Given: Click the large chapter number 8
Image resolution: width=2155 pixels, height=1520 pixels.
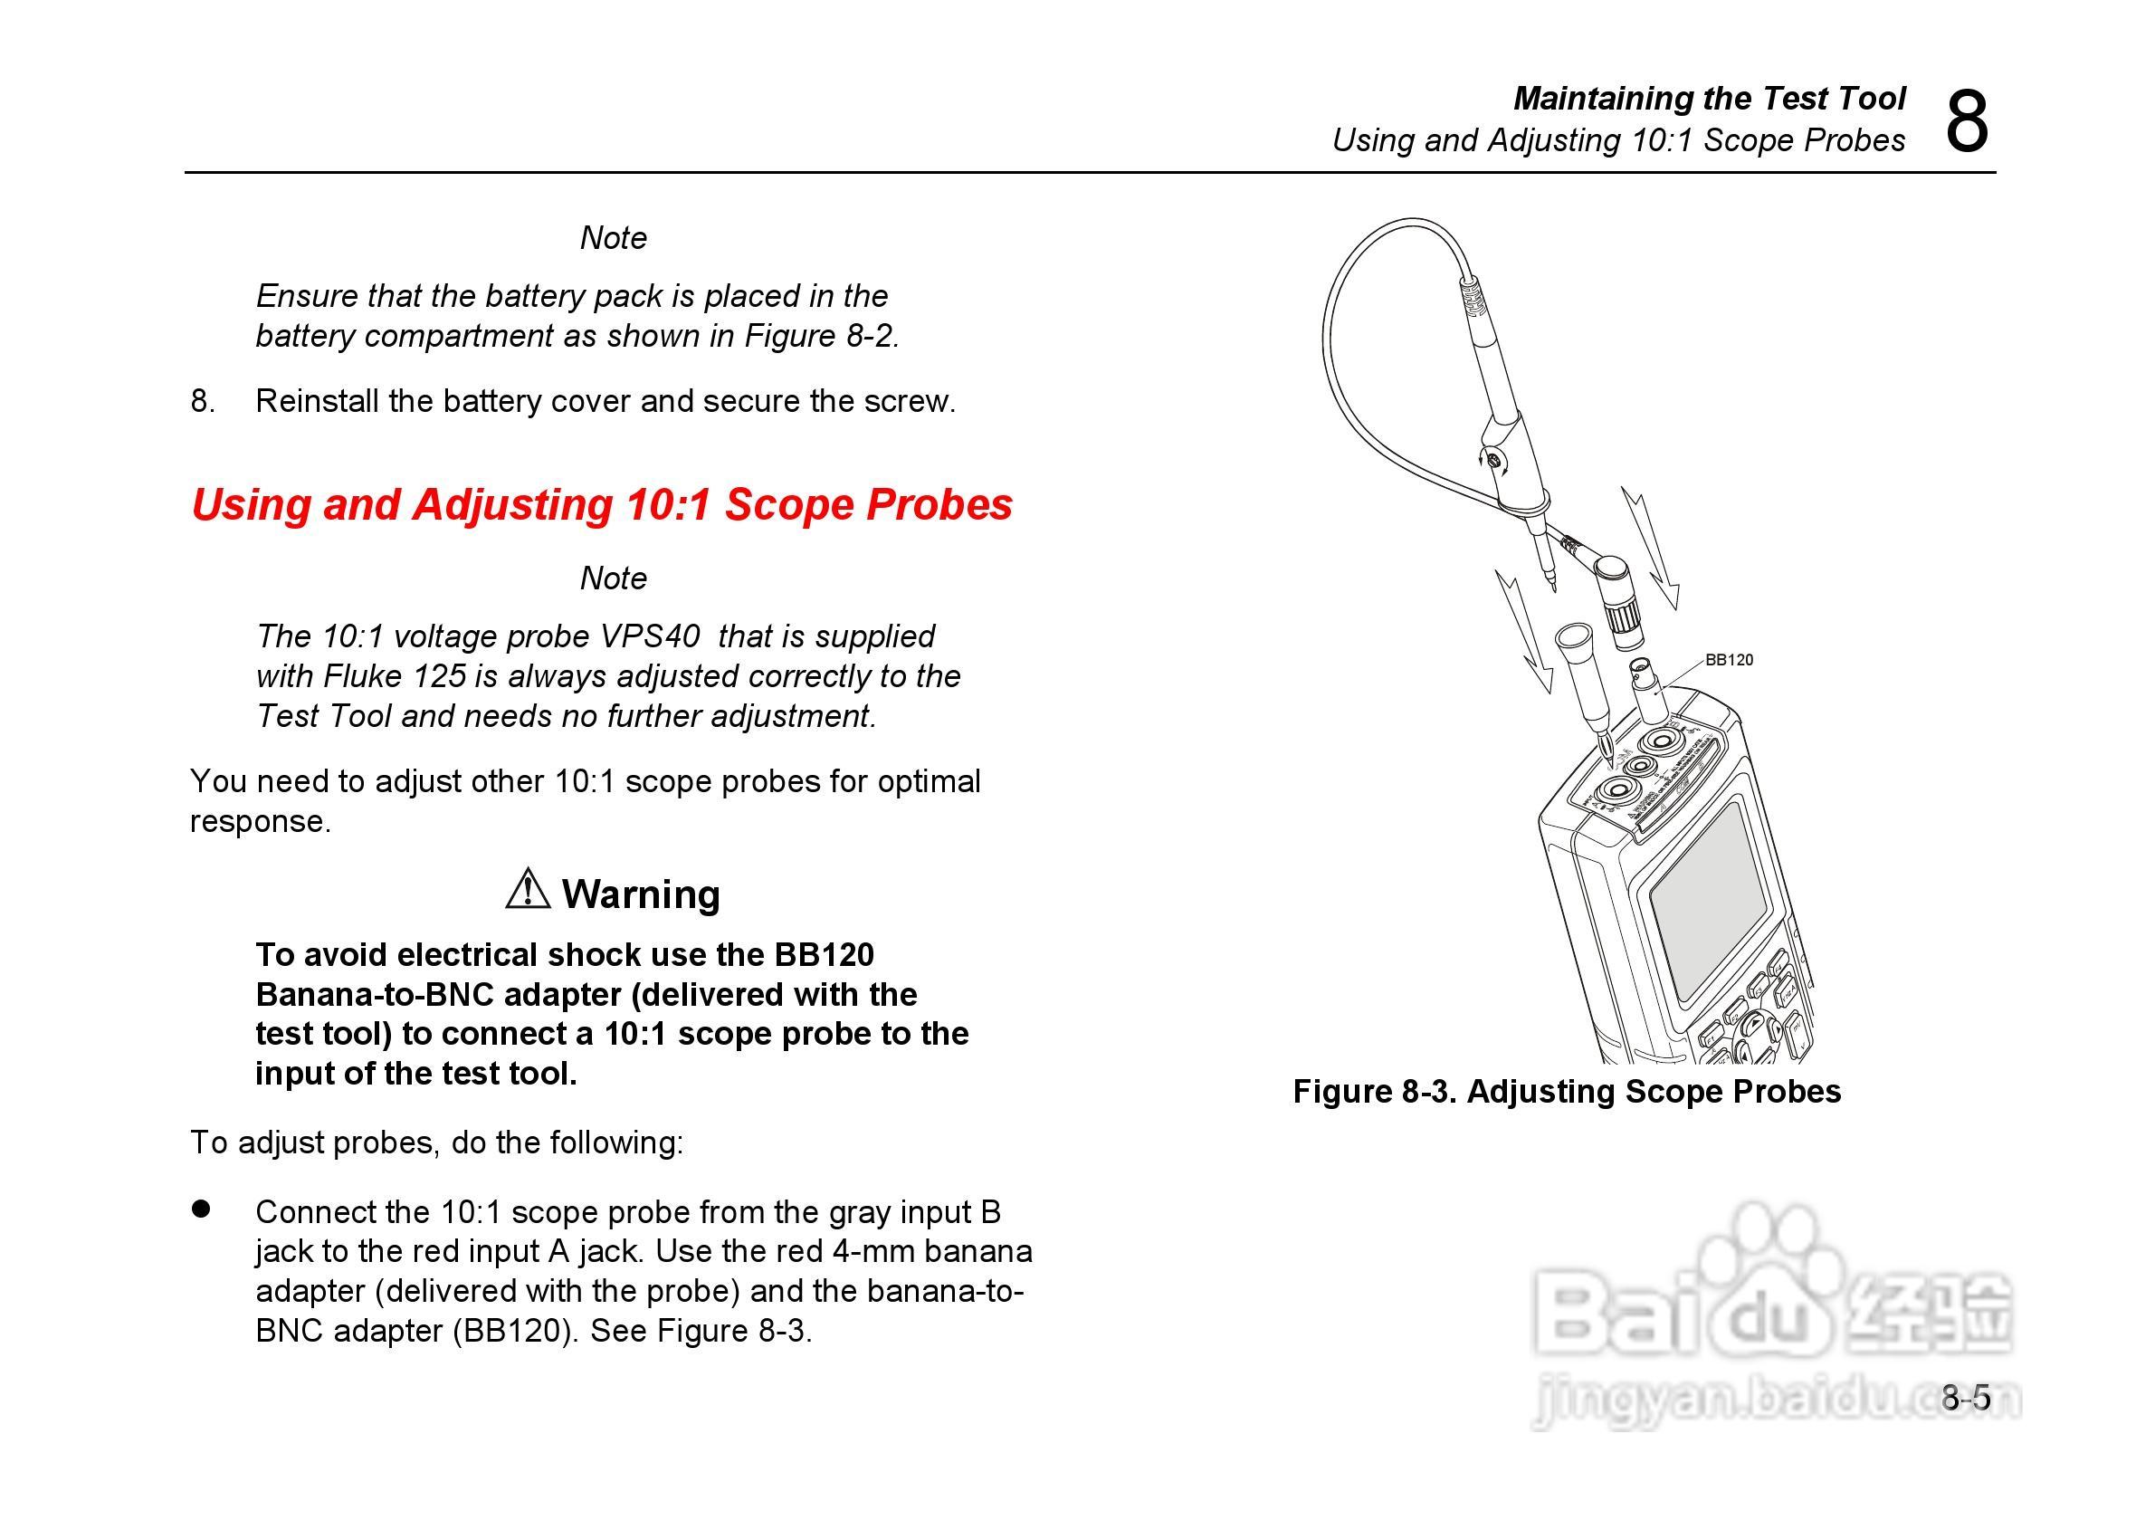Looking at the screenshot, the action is pyautogui.click(x=1966, y=122).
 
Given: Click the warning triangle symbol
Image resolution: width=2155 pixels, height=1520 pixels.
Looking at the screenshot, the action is pyautogui.click(x=528, y=889).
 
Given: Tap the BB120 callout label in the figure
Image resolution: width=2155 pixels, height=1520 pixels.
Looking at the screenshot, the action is pyautogui.click(x=1729, y=660).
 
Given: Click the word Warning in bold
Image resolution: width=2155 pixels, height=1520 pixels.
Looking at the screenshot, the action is pyautogui.click(x=641, y=894).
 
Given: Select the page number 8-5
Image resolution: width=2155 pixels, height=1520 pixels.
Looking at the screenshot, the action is pyautogui.click(x=1966, y=1398).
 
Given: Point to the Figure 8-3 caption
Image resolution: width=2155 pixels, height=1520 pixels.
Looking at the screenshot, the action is pyautogui.click(x=1567, y=1091).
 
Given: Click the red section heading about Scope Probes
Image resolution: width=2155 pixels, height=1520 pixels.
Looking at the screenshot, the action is pyautogui.click(x=602, y=504).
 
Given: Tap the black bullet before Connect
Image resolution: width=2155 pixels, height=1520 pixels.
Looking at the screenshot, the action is pyautogui.click(x=201, y=1209).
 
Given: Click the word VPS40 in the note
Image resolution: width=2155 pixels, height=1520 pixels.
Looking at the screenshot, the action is pyautogui.click(x=650, y=636).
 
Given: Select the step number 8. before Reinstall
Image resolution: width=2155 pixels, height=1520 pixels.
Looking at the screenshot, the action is pyautogui.click(x=203, y=402).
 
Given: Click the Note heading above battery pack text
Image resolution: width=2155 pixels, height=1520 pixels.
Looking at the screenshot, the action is pyautogui.click(x=613, y=238).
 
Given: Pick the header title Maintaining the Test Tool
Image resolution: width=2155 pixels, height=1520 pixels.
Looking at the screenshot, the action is pyautogui.click(x=1709, y=98).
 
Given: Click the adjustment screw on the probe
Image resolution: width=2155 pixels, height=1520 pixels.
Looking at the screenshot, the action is pyautogui.click(x=1493, y=460).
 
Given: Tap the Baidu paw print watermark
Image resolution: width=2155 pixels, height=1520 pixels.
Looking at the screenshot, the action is pyautogui.click(x=1768, y=1239).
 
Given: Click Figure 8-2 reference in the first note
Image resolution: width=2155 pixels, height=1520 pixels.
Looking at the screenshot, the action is pyautogui.click(x=821, y=336).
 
